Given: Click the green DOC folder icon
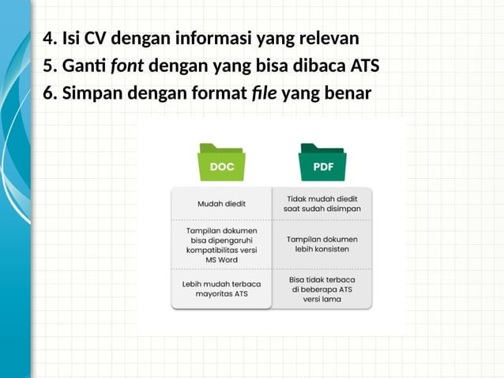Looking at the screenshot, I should (221, 163).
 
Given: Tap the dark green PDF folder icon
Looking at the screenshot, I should (322, 163).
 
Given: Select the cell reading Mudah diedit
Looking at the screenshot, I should (221, 203).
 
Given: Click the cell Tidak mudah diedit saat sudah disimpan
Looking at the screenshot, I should (322, 203).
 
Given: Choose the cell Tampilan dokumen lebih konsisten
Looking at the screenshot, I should (322, 244).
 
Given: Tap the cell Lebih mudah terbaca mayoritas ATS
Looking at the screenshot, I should (221, 288).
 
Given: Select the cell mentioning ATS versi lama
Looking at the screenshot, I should (322, 289).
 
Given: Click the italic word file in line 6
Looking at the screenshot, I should (264, 93).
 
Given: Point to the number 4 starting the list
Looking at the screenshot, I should (47, 37).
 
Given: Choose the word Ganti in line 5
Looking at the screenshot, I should (82, 65).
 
